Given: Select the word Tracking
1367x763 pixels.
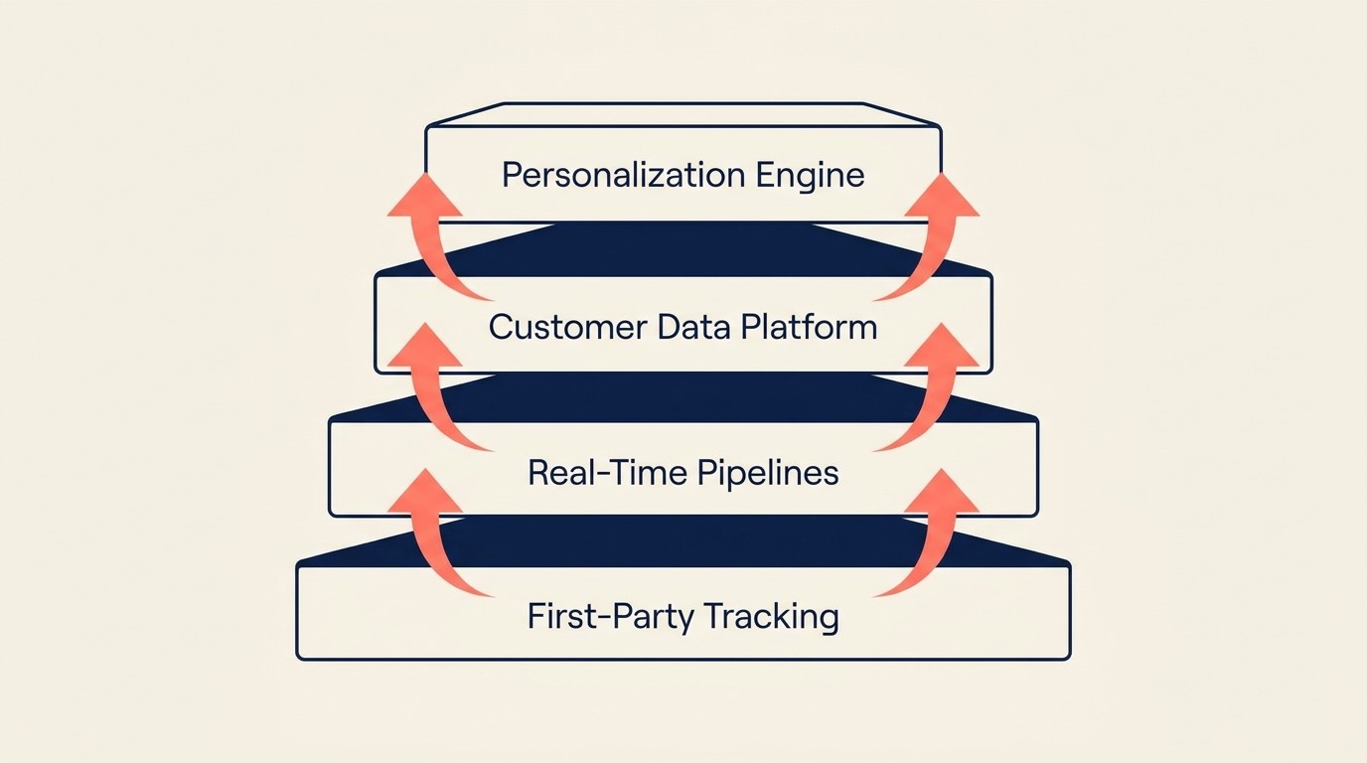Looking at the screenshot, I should tap(774, 617).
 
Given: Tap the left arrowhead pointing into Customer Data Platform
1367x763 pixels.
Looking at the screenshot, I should tap(425, 348).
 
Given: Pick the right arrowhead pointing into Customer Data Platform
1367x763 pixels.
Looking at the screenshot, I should tap(942, 348).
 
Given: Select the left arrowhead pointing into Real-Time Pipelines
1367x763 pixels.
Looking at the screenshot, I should tap(425, 494).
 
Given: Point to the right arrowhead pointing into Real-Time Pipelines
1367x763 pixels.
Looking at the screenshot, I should tap(942, 494).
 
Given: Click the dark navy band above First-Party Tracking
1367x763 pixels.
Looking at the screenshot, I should tap(683, 541).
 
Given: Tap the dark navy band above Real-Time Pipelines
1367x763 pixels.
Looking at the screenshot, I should tap(683, 396).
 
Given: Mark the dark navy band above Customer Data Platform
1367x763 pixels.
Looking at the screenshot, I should tap(683, 248).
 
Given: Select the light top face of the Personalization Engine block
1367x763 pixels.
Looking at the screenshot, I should tap(683, 114).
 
